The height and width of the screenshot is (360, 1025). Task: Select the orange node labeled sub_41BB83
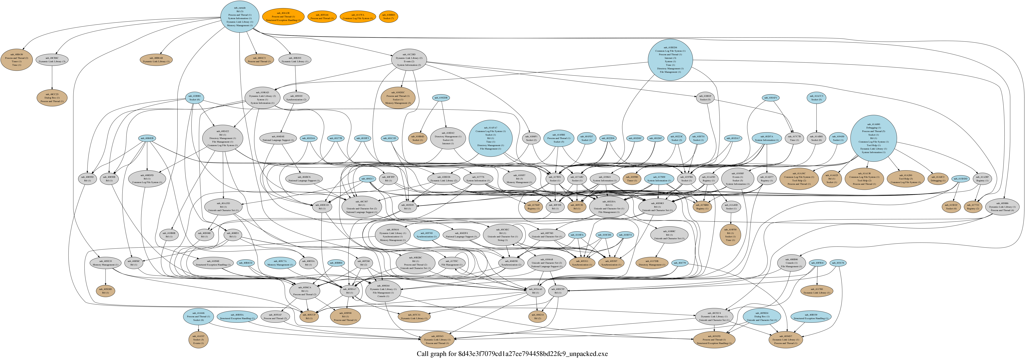click(389, 16)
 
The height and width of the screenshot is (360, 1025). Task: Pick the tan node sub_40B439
click(16, 60)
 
